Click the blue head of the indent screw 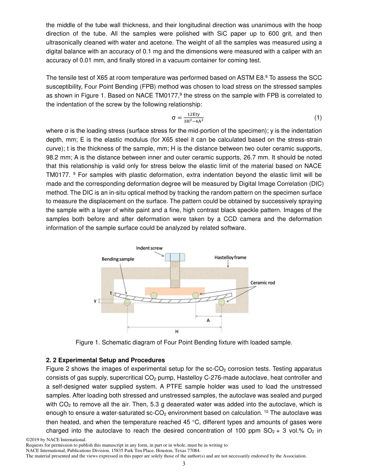point(175,257)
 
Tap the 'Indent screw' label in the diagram point(149,248)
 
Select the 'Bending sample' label point(118,259)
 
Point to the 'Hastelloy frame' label point(230,257)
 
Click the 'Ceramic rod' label point(263,283)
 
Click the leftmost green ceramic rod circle point(127,302)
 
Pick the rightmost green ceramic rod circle point(222,301)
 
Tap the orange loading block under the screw point(175,291)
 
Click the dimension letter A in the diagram point(208,320)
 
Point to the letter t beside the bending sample point(111,293)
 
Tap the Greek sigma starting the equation point(174,118)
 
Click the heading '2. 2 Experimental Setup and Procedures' point(105,360)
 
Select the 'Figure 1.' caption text point(88,342)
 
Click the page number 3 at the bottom point(184,464)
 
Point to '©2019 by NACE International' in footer point(56,440)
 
